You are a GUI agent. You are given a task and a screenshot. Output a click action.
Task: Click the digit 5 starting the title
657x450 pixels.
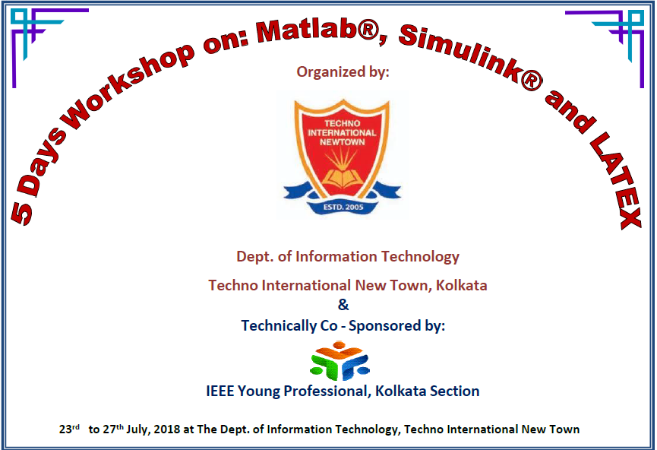pos(21,213)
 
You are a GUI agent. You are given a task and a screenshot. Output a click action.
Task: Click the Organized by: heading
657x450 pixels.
pos(343,71)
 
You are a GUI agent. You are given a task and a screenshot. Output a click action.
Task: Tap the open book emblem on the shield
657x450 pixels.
pos(343,177)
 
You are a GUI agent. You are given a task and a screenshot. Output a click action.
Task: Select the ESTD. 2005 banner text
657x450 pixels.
pos(343,207)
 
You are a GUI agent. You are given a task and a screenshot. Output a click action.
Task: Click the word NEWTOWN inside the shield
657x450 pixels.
pos(343,142)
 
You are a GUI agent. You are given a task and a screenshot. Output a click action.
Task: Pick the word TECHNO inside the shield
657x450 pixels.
pos(343,123)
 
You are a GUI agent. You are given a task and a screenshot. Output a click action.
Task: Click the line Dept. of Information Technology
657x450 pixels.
pos(348,257)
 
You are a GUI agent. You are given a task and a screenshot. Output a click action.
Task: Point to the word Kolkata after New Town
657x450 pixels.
pos(461,285)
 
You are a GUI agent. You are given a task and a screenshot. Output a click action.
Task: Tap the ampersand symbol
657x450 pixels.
pos(343,305)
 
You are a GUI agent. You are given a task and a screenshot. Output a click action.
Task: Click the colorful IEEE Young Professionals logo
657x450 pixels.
pos(340,360)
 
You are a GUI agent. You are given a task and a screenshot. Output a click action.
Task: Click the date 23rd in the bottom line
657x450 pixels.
pos(69,429)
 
